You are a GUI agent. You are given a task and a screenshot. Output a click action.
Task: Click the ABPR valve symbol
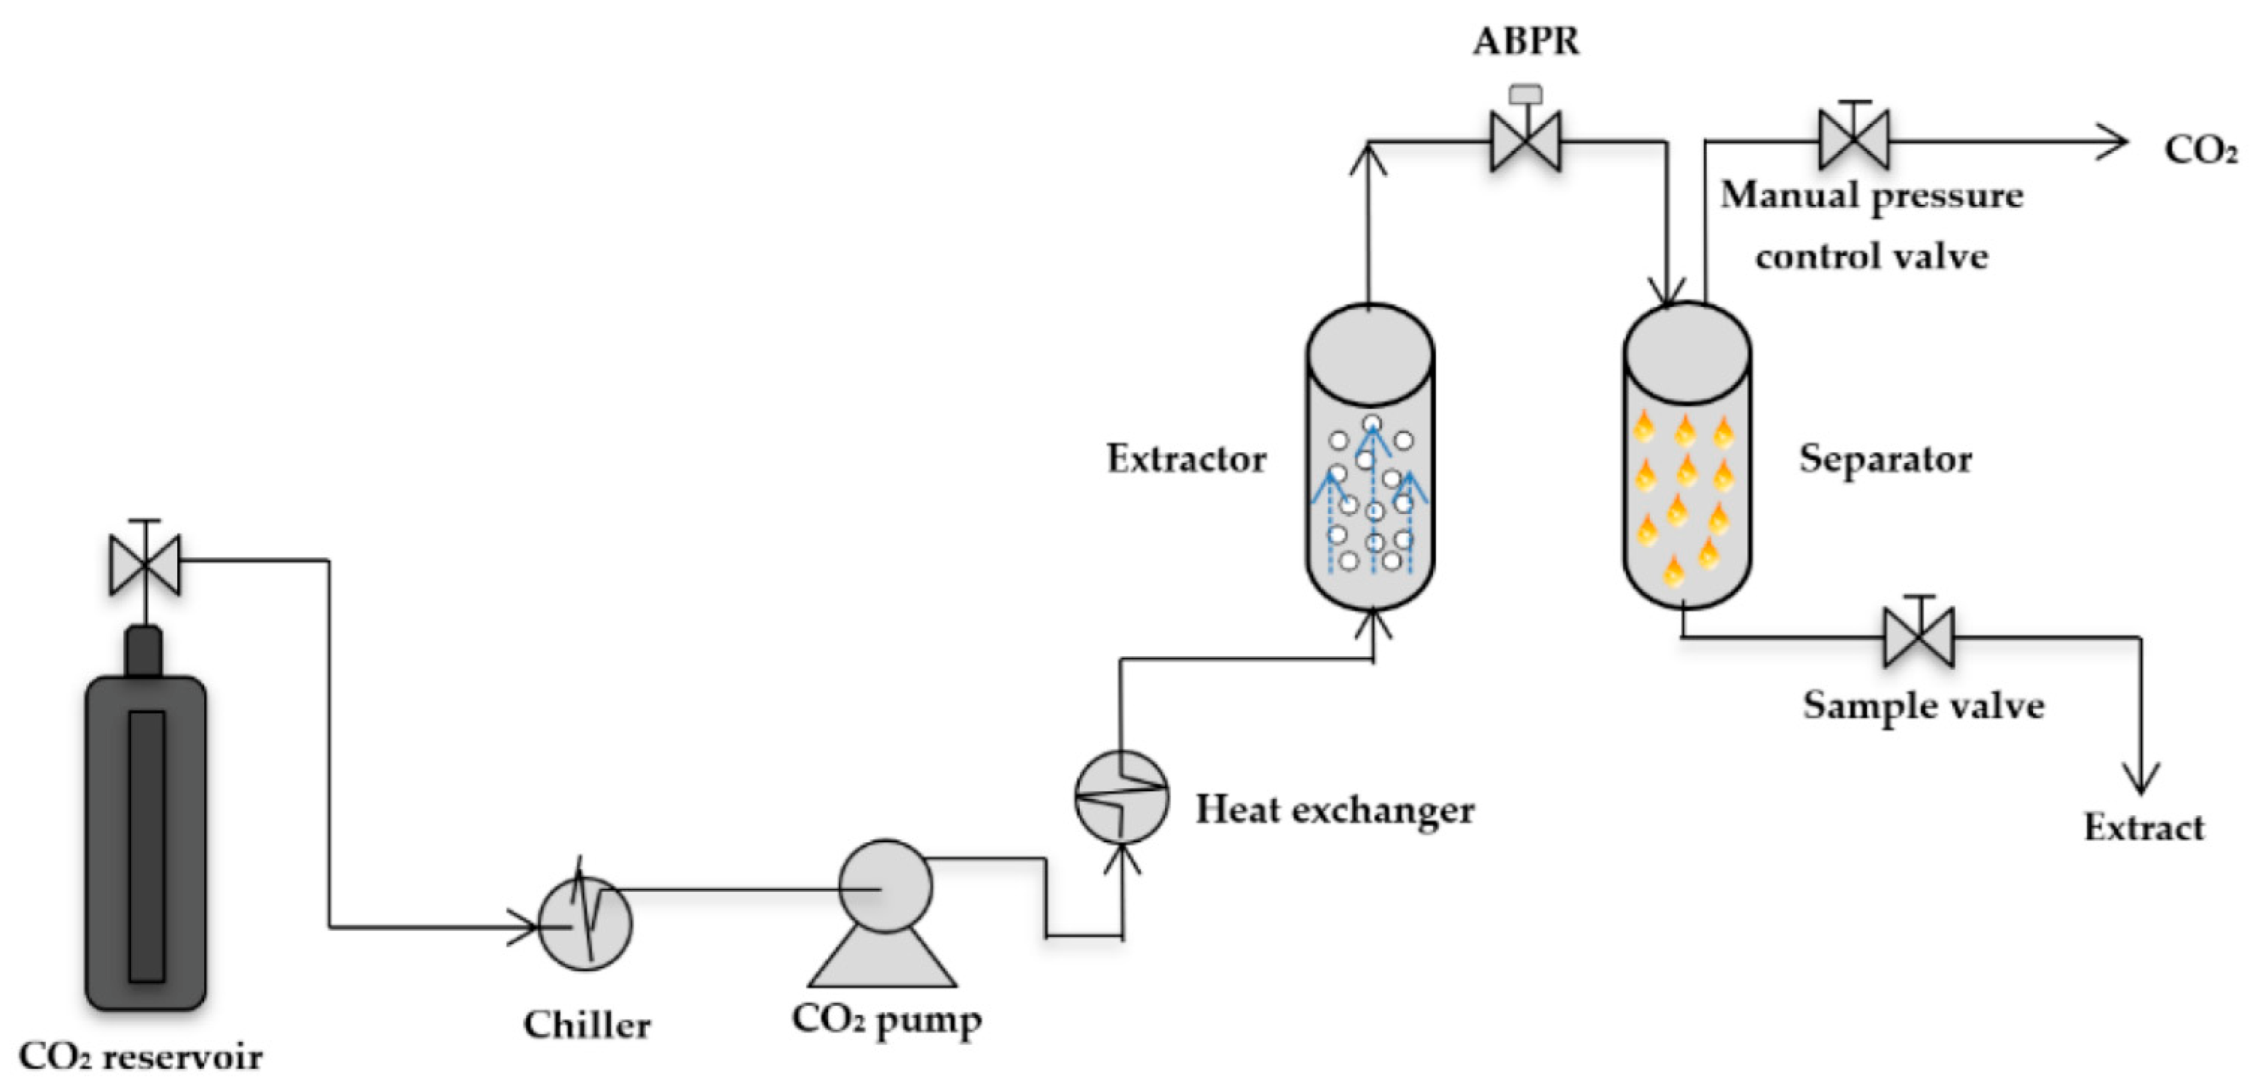pos(1525,140)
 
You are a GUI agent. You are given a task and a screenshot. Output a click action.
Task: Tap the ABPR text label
pos(1526,41)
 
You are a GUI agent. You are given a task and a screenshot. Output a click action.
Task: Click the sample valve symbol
pos(1919,637)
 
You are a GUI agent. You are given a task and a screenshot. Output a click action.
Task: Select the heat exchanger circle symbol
pos(1121,797)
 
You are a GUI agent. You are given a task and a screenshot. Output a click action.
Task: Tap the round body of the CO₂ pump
pos(885,886)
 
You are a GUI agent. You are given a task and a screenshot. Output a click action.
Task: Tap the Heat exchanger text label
pos(1334,810)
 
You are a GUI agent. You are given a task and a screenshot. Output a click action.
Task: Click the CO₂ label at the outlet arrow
pos(2200,150)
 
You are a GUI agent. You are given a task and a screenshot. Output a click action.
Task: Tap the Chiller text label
pos(587,1025)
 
